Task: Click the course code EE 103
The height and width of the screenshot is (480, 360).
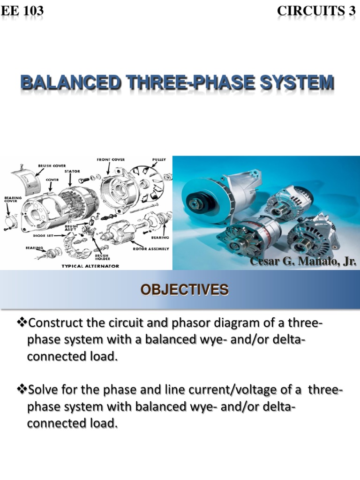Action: click(x=23, y=10)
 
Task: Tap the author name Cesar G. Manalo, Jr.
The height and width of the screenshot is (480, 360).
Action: click(x=303, y=261)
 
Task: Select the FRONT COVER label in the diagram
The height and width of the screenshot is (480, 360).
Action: click(x=111, y=159)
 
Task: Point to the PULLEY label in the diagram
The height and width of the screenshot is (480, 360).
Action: click(x=159, y=159)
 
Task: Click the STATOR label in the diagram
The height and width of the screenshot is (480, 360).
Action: click(x=72, y=172)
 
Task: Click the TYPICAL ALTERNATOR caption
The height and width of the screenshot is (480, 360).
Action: click(x=90, y=266)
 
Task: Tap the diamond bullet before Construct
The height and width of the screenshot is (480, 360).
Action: click(x=23, y=323)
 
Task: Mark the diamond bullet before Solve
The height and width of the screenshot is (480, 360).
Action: click(x=23, y=390)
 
